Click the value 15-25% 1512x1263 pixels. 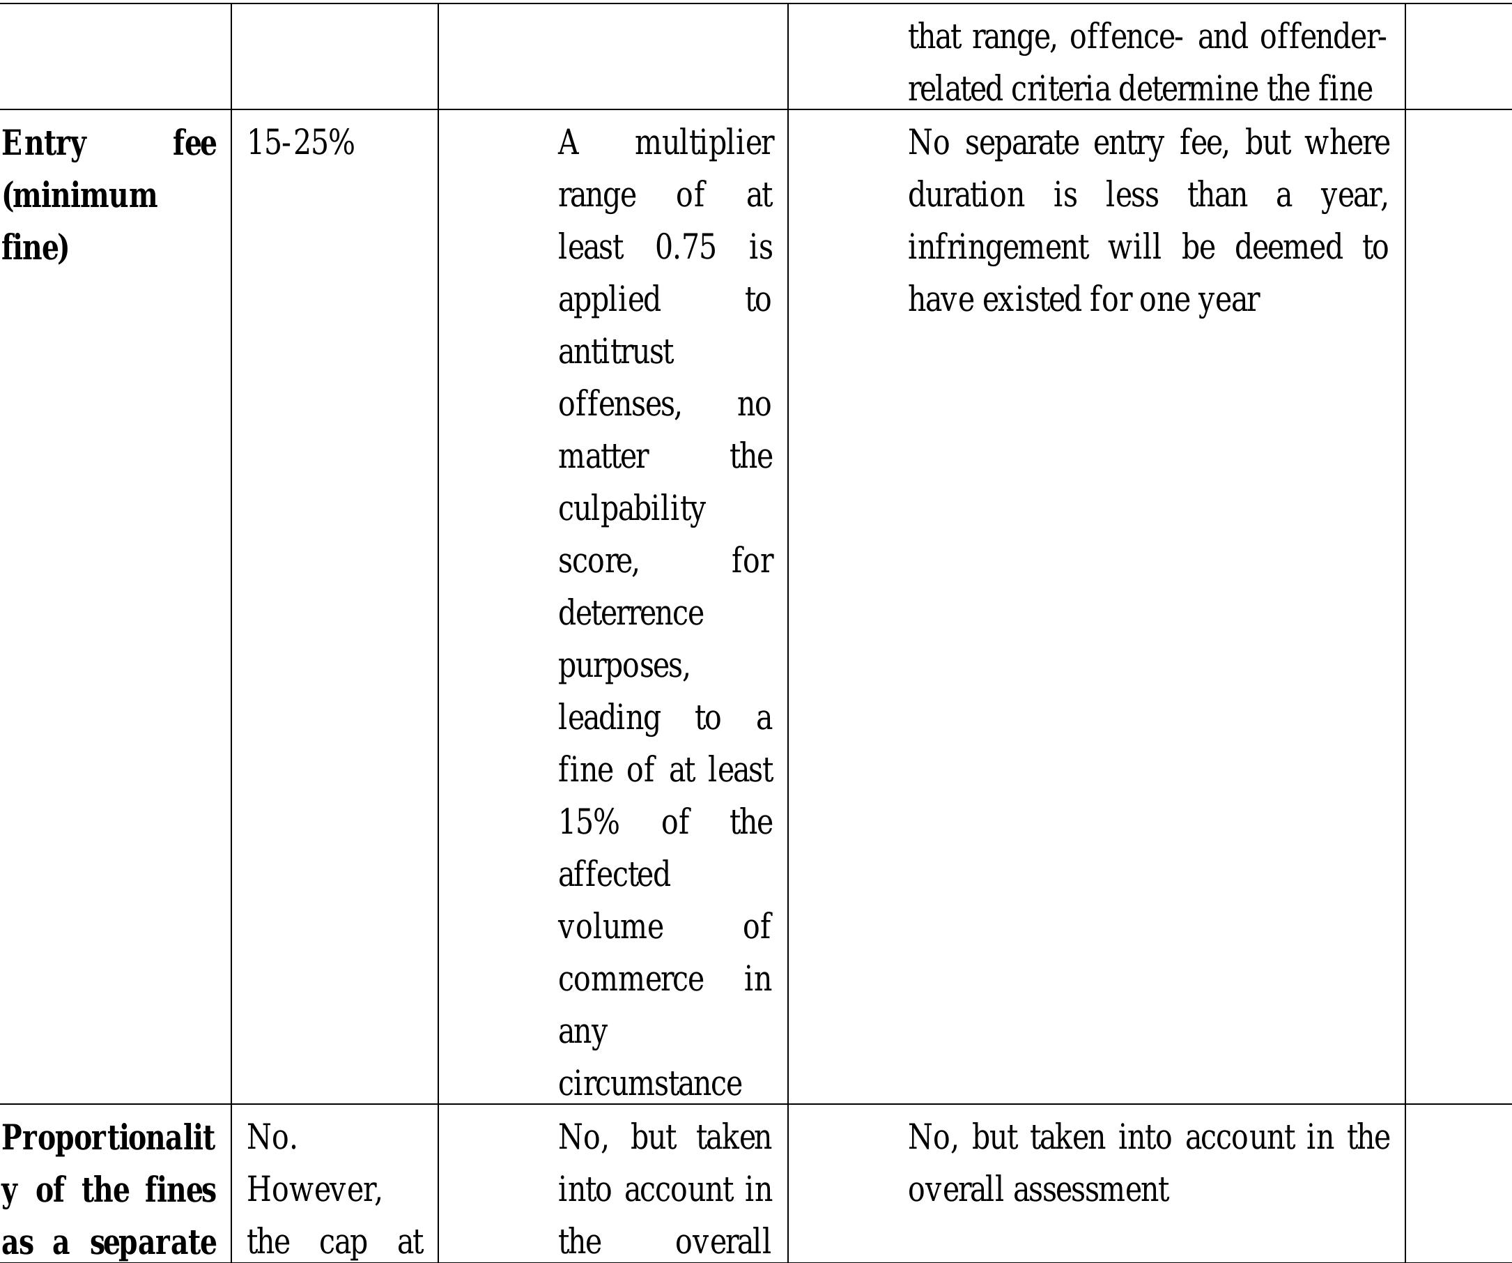coord(301,143)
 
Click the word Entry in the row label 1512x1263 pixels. coord(44,144)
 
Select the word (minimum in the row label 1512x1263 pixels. coord(80,195)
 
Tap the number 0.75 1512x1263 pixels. coord(686,247)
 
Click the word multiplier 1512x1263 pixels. coord(704,143)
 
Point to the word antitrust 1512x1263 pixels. coord(616,352)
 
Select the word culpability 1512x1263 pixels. coord(631,509)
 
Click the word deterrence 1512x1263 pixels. coord(631,613)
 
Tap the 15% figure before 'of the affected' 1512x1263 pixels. coord(588,822)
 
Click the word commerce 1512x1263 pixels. coord(631,979)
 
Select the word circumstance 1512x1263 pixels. coord(649,1083)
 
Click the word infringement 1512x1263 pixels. coord(998,247)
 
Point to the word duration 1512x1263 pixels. coord(966,195)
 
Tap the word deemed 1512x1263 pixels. coord(1288,247)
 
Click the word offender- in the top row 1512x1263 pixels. coord(1322,37)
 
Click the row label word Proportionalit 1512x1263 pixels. coord(108,1138)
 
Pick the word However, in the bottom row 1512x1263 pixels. coord(314,1190)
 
